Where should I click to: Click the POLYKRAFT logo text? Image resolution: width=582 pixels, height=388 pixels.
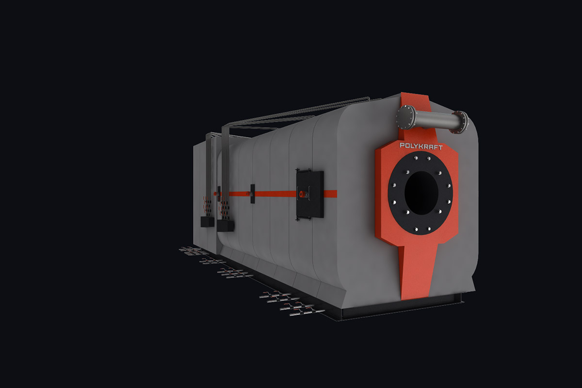[421, 146]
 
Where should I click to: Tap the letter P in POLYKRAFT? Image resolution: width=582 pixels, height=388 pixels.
[402, 145]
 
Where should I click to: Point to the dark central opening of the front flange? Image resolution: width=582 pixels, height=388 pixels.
[421, 193]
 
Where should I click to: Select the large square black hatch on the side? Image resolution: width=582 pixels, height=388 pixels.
[310, 194]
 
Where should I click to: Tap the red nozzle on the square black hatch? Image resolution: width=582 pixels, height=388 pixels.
[302, 194]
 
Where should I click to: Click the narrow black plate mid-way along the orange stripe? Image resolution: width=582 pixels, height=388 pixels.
[253, 194]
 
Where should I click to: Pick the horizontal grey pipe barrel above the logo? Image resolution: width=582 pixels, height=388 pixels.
[433, 120]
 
